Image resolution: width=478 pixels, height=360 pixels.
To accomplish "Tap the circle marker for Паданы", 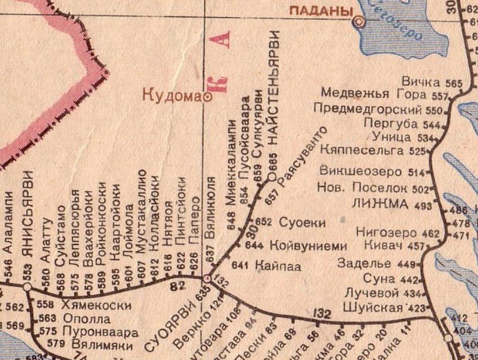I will [x=358, y=22].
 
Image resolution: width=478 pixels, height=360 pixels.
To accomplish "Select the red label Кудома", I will [x=171, y=96].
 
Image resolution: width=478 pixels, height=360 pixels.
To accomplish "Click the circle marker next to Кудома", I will [x=207, y=97].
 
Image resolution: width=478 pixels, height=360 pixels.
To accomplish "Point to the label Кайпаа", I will [x=278, y=265].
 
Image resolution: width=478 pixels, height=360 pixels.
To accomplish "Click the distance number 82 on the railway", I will [x=179, y=287].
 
